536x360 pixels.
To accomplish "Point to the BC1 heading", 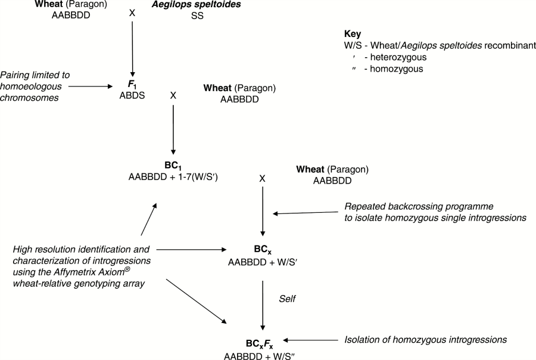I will click(172, 166).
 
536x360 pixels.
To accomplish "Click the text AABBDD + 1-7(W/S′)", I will click(173, 177).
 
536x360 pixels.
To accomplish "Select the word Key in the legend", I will click(352, 35).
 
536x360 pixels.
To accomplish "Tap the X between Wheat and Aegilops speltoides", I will click(132, 12).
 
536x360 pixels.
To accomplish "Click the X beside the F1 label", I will click(173, 95).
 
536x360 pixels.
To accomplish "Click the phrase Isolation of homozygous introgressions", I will click(426, 340).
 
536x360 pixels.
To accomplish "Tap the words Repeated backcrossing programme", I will click(411, 206).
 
